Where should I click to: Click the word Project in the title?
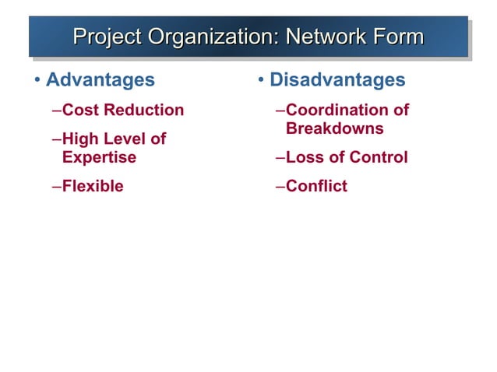pos(107,37)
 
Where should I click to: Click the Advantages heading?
pos(100,79)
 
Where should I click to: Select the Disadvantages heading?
pos(337,79)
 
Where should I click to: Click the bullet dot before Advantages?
pos(37,80)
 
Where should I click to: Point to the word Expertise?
pos(99,157)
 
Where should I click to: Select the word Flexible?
pos(93,186)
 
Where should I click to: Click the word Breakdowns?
pos(335,128)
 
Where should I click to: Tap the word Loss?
pos(304,157)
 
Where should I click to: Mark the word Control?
pos(378,157)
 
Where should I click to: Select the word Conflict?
pos(316,186)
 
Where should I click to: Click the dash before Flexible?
pos(56,186)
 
